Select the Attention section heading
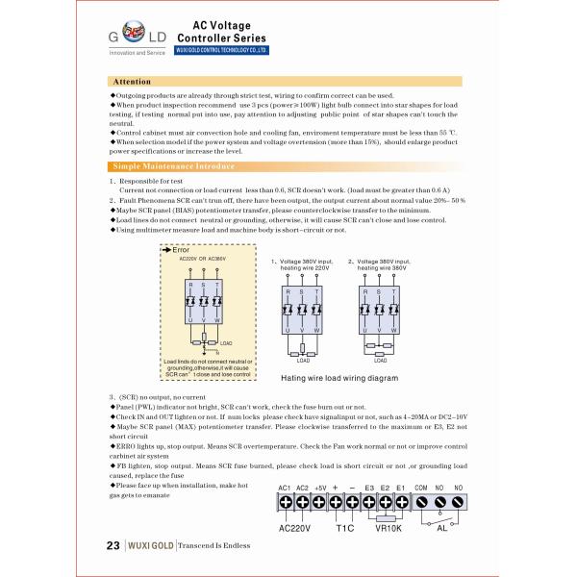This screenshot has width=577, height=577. [x=133, y=83]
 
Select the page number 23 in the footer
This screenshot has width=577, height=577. [x=112, y=545]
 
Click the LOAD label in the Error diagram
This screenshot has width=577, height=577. [x=226, y=342]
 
